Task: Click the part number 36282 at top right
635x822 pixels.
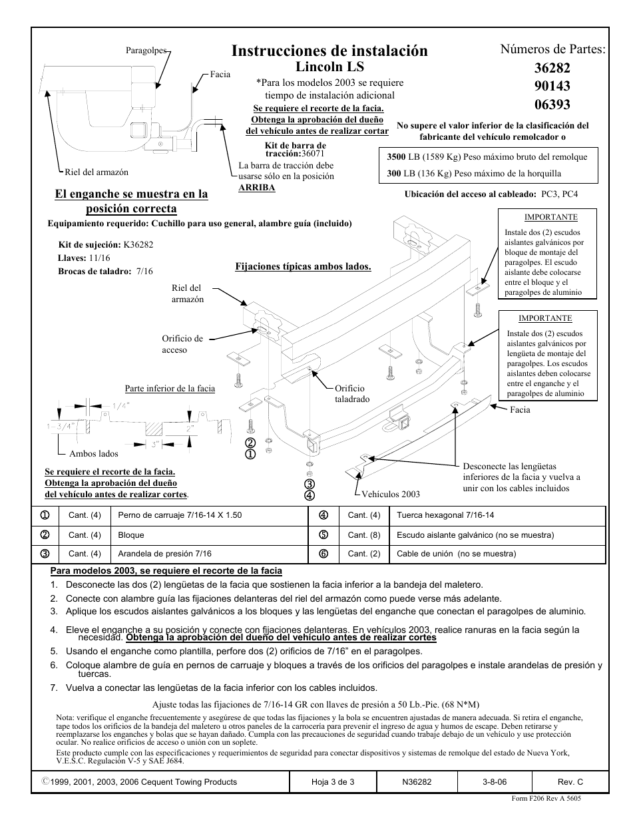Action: click(x=552, y=68)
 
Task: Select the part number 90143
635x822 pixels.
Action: click(x=552, y=86)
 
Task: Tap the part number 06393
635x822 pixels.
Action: click(x=552, y=104)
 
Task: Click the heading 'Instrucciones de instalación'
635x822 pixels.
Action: click(x=329, y=51)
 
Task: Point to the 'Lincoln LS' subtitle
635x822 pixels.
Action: click(x=329, y=67)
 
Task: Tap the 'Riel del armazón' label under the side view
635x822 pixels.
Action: click(x=97, y=172)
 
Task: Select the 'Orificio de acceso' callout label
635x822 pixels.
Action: click(x=182, y=344)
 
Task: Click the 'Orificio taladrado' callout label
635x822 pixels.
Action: click(x=351, y=393)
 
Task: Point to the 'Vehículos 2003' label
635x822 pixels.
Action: click(x=391, y=494)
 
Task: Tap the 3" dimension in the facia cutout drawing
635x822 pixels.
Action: click(x=154, y=443)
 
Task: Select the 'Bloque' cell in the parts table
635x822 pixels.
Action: click(x=131, y=535)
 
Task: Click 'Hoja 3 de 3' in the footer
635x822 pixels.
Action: click(x=333, y=782)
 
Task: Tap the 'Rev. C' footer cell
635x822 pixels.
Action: click(x=570, y=782)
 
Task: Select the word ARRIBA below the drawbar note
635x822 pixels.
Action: click(x=257, y=188)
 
